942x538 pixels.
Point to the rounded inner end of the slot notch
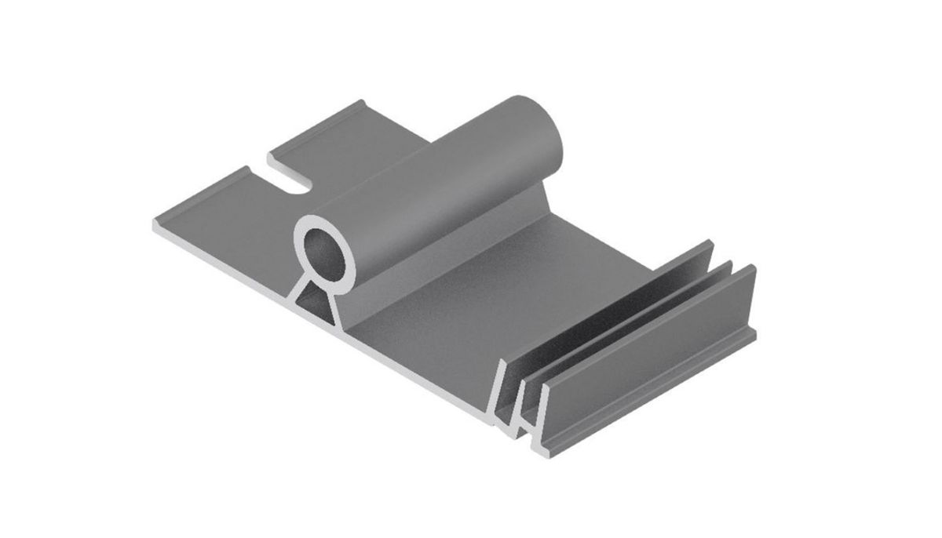[x=302, y=185]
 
